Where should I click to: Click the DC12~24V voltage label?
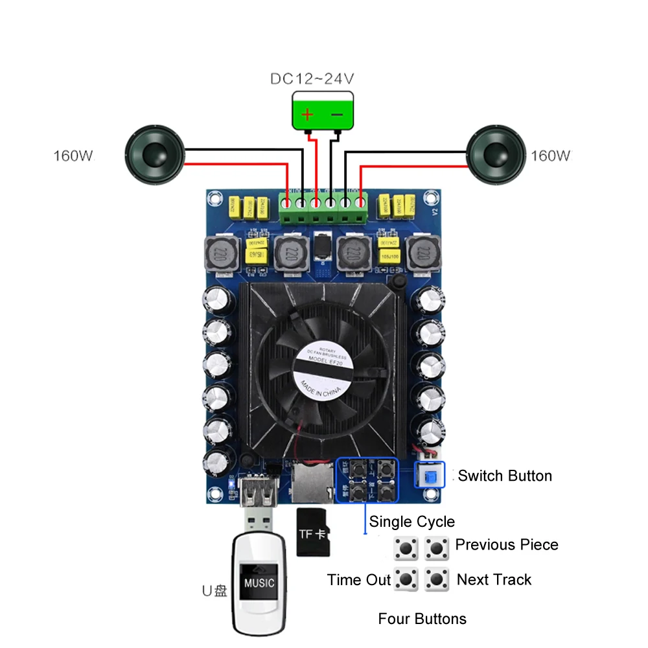pos(312,80)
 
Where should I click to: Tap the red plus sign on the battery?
pos(308,115)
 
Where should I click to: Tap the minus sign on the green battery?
pos(338,115)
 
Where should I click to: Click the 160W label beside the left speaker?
pos(73,156)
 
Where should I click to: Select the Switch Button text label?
pos(505,476)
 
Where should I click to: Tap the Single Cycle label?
pos(412,522)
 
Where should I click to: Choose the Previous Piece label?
pos(507,544)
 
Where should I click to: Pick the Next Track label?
pos(494,579)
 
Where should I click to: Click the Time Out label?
pos(359,580)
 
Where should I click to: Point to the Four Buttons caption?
pos(422,619)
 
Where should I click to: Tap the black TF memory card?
pos(314,532)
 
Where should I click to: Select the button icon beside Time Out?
pos(406,579)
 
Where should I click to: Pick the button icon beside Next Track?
pos(437,579)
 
